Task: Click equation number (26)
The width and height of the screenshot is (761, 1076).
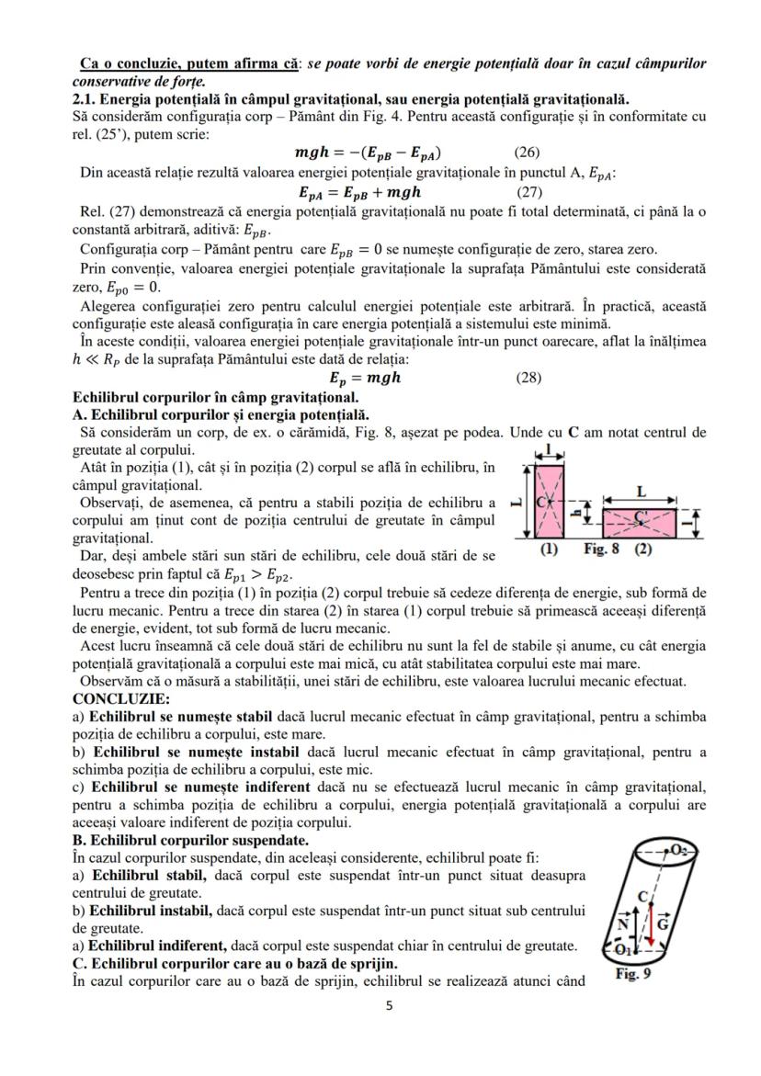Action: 527,153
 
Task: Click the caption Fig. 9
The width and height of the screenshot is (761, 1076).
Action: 632,974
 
